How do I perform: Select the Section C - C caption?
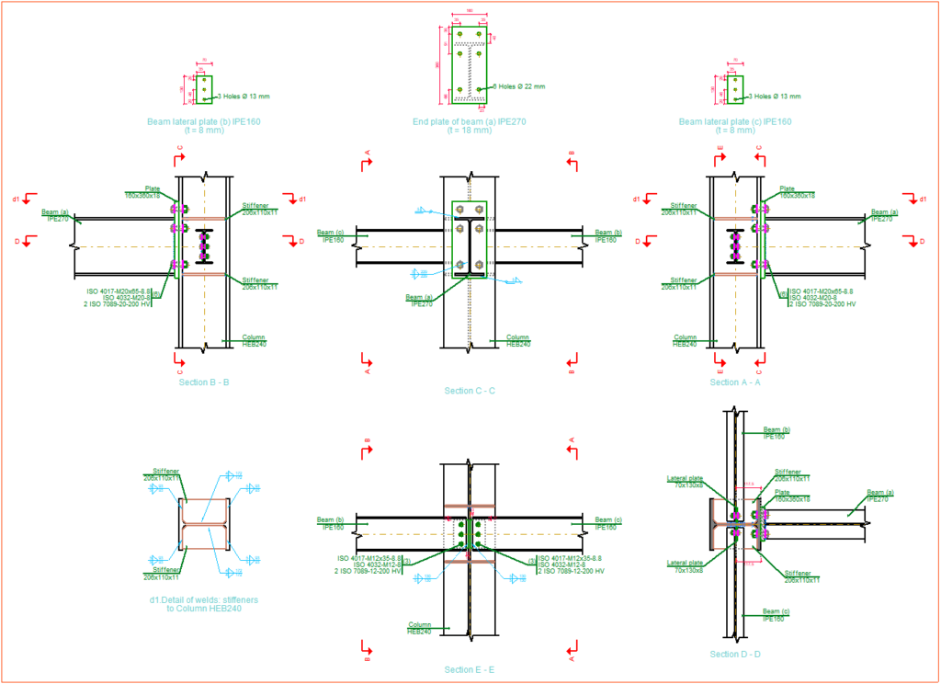click(x=470, y=391)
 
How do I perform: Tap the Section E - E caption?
click(x=470, y=670)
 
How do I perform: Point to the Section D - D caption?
click(x=735, y=654)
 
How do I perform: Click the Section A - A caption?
click(x=735, y=382)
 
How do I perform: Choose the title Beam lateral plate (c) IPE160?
click(x=735, y=121)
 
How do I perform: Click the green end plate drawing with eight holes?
click(x=470, y=64)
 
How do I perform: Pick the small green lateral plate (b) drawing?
click(x=204, y=89)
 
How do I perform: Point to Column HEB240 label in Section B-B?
click(x=253, y=340)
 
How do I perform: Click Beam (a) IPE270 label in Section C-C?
click(x=420, y=301)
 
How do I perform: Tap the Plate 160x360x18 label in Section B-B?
click(x=143, y=192)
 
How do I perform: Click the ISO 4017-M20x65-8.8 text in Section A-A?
click(x=821, y=291)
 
